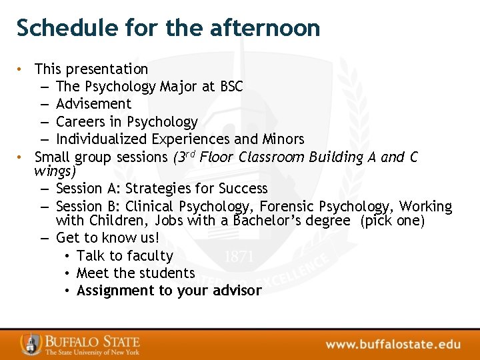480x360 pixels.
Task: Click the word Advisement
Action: click(x=94, y=104)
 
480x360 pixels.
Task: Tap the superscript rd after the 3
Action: click(x=189, y=154)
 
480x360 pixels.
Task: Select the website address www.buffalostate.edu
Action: click(x=393, y=345)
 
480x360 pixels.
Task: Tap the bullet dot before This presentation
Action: click(x=21, y=69)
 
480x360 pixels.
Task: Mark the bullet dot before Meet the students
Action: click(x=69, y=273)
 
